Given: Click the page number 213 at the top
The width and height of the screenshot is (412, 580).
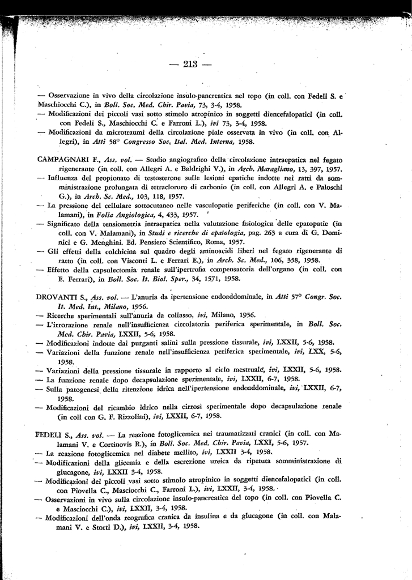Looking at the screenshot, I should pyautogui.click(x=190, y=64).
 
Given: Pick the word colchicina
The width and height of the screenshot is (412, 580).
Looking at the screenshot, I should pyautogui.click(x=111, y=250).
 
